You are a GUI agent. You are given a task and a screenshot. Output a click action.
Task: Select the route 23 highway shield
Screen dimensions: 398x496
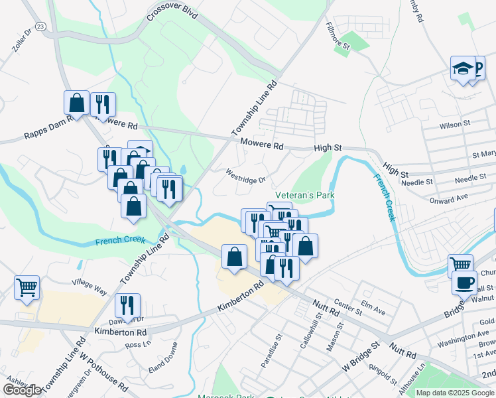[41, 26]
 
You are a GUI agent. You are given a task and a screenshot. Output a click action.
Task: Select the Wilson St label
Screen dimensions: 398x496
[454, 123]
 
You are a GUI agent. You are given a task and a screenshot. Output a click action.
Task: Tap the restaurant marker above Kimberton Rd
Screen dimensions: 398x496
[127, 305]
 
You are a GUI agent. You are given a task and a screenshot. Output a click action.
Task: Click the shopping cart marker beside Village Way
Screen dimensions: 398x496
[27, 288]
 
